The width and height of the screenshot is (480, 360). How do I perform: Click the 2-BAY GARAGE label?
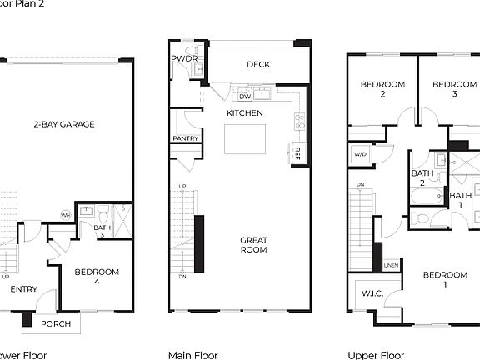[64, 125]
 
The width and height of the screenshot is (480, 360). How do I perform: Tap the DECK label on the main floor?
[258, 65]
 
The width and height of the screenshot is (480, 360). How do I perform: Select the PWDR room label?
[183, 59]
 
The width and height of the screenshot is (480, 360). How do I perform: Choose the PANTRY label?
[185, 139]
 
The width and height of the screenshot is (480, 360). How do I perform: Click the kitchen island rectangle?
[246, 138]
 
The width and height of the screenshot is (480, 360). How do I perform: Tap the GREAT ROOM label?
[253, 245]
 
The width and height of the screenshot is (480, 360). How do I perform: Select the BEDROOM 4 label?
[97, 277]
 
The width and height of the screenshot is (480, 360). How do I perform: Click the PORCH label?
[57, 324]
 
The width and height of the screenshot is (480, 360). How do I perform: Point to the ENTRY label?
[23, 289]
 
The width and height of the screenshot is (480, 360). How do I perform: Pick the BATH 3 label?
[102, 232]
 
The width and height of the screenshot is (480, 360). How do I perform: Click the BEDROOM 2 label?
[382, 89]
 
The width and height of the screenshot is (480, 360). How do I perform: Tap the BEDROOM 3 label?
[455, 89]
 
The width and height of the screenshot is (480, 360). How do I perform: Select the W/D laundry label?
[360, 154]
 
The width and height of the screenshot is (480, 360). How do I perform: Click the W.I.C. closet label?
[371, 294]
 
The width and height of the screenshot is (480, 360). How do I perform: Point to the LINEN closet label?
[391, 266]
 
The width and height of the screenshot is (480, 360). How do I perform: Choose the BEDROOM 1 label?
[444, 279]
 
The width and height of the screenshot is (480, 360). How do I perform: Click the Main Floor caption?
[192, 355]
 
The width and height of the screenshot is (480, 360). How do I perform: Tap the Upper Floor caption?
[376, 355]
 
